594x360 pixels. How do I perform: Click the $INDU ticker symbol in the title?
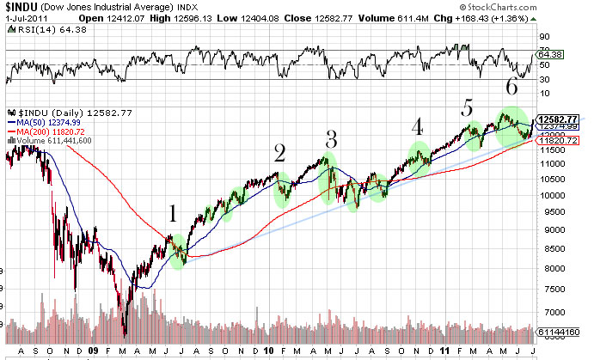click(23, 8)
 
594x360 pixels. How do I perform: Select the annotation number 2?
click(279, 153)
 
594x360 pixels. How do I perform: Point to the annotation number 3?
click(331, 139)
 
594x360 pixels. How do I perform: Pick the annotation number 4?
click(418, 126)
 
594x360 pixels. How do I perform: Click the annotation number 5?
click(467, 107)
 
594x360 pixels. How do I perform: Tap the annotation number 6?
click(511, 87)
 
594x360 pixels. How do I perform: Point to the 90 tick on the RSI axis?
click(544, 37)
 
